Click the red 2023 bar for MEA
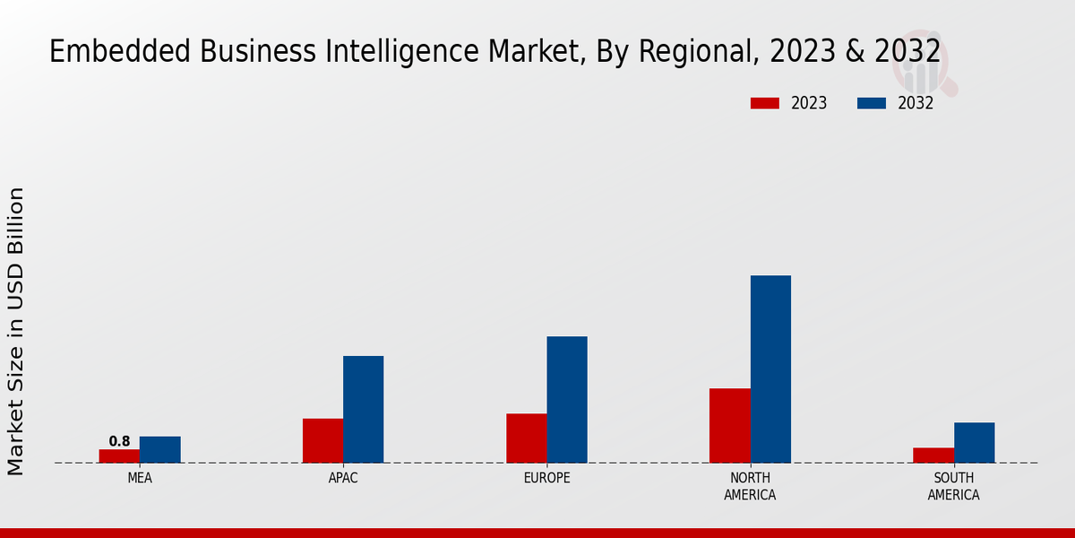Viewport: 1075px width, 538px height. point(119,456)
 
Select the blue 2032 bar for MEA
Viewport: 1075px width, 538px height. point(160,449)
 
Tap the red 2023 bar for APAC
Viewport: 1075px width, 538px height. point(322,440)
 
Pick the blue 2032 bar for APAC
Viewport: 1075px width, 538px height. point(364,409)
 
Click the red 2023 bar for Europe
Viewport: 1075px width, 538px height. point(527,438)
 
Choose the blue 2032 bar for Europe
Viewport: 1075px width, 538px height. point(567,399)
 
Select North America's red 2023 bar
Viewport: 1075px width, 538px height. point(730,425)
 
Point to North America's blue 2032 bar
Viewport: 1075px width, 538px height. point(770,369)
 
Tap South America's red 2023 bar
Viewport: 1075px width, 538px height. point(933,455)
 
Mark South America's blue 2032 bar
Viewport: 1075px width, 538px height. point(975,442)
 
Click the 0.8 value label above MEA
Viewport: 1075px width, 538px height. point(119,441)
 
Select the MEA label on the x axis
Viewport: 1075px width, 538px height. point(140,478)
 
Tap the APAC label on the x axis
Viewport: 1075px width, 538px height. point(343,478)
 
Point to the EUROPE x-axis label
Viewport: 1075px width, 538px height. point(546,478)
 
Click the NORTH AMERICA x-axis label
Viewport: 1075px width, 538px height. point(751,486)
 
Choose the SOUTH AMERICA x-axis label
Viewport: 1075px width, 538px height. point(954,486)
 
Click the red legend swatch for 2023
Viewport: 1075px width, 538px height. point(764,103)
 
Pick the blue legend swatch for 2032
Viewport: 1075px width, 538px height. point(872,103)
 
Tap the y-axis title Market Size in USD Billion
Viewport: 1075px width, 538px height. point(16,331)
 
